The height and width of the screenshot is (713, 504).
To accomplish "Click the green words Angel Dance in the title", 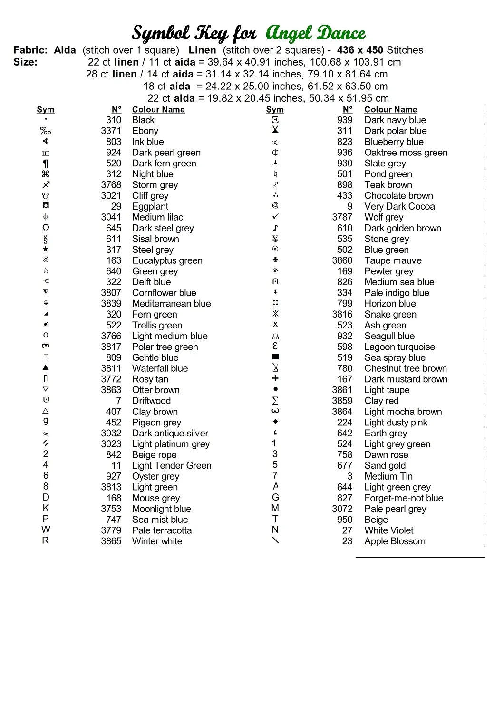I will [316, 33].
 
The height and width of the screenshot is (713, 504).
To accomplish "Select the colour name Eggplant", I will [150, 206].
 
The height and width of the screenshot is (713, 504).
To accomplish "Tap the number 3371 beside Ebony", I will [111, 131].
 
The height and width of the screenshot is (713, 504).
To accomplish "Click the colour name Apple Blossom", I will [395, 541].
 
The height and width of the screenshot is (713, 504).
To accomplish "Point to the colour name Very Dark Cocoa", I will [399, 206].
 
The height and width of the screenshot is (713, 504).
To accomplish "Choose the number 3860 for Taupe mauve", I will [342, 260].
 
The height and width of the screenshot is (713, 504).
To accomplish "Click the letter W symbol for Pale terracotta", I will [46, 530].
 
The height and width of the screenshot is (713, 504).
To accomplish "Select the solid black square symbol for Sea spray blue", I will [275, 356].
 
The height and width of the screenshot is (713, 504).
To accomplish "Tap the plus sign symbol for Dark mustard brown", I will [275, 378].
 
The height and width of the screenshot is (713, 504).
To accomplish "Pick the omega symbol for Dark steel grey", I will [46, 228].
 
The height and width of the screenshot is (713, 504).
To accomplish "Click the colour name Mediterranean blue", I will [171, 303].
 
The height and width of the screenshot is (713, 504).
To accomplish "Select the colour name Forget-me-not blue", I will [404, 498].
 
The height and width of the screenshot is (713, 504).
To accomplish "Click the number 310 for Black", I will [114, 120].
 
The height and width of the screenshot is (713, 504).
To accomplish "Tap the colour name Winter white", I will [157, 541].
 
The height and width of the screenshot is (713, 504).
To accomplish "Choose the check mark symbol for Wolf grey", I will [275, 217].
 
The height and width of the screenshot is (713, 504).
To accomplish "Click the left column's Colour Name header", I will [158, 109].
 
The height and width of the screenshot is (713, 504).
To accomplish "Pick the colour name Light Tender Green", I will [172, 465].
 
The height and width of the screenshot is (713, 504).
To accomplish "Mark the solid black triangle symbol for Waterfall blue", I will [46, 367].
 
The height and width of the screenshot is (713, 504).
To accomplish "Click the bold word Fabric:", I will [30, 50].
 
